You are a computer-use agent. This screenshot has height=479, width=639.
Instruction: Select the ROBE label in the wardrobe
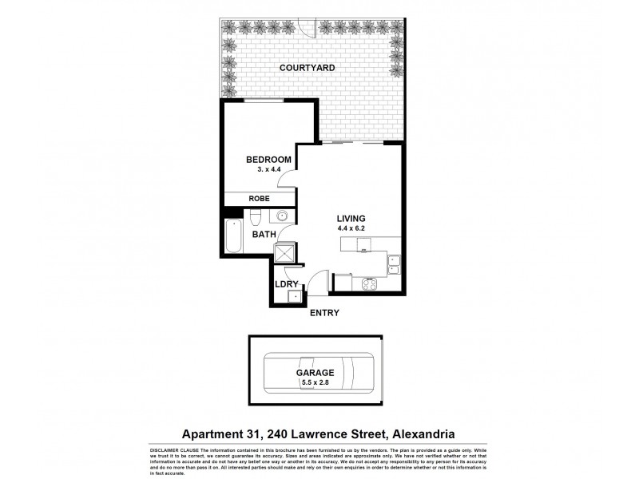coord(258,198)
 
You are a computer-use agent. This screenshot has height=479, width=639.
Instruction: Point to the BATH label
coord(264,235)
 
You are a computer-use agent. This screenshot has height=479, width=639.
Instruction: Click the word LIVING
coord(351,218)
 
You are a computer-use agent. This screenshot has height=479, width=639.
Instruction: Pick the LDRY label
coord(286,283)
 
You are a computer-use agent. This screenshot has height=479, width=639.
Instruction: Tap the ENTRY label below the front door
coord(325,313)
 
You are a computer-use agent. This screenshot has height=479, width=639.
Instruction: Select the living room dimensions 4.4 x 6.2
coord(351,229)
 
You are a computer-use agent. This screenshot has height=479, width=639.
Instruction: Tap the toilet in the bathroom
coord(254,217)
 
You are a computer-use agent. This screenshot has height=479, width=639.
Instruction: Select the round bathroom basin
coord(282,216)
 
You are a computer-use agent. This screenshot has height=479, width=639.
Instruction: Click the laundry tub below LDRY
coord(295,297)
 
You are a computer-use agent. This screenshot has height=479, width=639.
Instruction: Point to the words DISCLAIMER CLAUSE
coord(172,449)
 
